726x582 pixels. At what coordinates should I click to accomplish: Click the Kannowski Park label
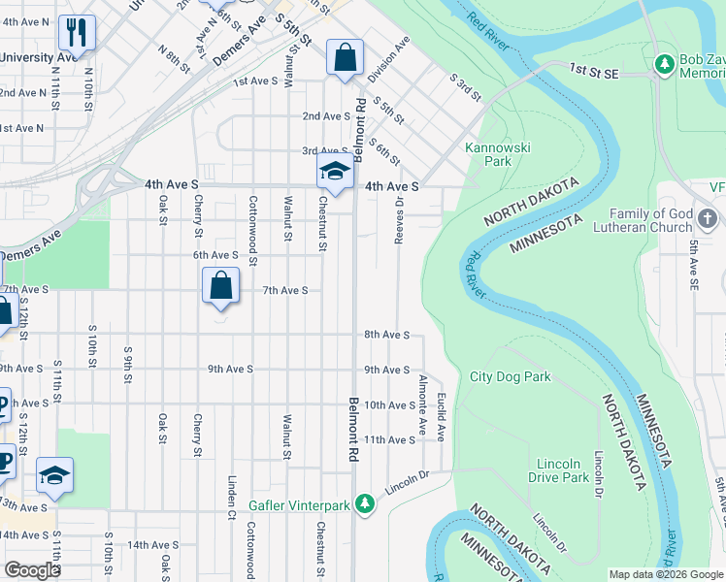(488, 154)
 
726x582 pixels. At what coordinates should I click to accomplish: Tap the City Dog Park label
(510, 376)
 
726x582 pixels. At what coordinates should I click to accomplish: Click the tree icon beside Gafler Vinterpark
(364, 503)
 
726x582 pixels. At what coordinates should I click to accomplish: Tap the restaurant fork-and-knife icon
(77, 33)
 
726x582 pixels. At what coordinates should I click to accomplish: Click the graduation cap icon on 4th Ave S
(333, 171)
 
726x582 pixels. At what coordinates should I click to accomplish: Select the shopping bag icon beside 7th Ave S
(221, 286)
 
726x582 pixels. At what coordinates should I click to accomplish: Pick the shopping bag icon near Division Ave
(345, 57)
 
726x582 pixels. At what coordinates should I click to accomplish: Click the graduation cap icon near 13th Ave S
(55, 475)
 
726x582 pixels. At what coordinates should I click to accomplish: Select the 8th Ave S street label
(387, 335)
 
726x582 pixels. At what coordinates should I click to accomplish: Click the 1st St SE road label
(595, 70)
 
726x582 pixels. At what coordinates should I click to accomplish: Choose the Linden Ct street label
(232, 490)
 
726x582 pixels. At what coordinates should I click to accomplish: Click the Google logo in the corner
(32, 570)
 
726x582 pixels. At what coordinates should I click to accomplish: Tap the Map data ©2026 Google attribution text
(666, 574)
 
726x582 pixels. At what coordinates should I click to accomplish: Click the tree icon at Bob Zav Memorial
(665, 66)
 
